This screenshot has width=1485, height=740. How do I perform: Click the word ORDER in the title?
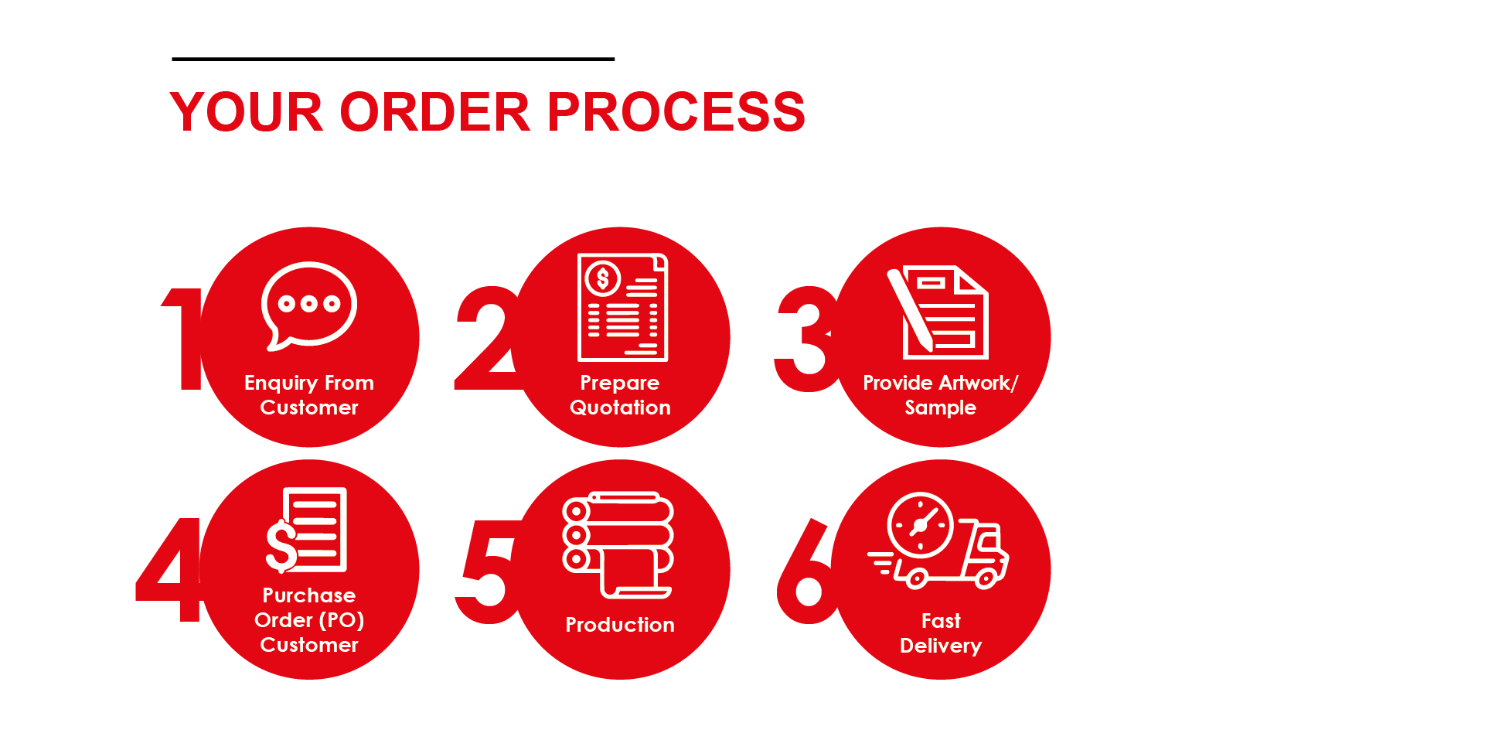pos(434,112)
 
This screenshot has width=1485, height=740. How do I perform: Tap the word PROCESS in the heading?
pos(676,112)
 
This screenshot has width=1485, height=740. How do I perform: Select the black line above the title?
pos(393,59)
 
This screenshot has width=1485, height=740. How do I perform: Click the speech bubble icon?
pos(308,305)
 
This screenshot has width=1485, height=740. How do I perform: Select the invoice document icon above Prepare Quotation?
pos(622,307)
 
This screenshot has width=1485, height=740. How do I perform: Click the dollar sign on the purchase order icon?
pos(281,546)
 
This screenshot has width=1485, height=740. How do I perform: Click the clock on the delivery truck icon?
pos(920,525)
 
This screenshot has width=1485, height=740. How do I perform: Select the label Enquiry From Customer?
pos(308,395)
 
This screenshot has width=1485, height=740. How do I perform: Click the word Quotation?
pos(620,408)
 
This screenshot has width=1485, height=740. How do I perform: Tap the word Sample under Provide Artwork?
pos(940,408)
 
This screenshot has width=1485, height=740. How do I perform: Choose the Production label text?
pos(620,625)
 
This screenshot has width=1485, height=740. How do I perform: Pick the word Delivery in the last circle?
pos(940,646)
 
